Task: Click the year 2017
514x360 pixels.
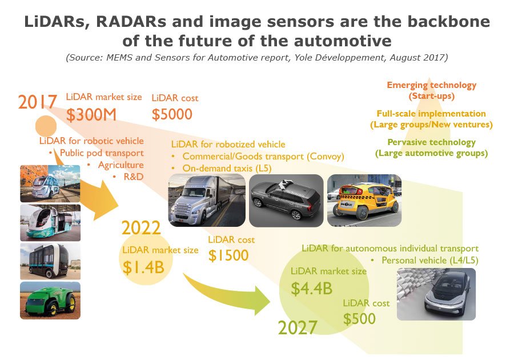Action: pos(38,102)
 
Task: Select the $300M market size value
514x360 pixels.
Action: pos(91,115)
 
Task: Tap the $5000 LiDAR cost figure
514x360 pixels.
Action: pos(172,114)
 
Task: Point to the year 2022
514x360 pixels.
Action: pos(141,227)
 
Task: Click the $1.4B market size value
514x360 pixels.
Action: pos(143,267)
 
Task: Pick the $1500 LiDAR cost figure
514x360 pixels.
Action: pos(228,255)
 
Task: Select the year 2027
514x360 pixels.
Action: pos(298,327)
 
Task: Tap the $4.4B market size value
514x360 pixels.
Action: pos(311,289)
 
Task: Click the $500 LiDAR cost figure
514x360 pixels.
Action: pos(359,319)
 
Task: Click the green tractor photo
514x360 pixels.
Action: pos(50,301)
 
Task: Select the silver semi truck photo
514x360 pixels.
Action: pos(207,201)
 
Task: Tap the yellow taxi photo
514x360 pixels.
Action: pos(364,201)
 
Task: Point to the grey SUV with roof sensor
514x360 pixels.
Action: pos(286,201)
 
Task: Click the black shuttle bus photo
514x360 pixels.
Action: pos(50,261)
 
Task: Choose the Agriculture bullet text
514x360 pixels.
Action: pos(121,165)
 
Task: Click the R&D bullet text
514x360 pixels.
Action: pos(134,177)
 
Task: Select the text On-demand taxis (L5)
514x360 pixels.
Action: pos(227,168)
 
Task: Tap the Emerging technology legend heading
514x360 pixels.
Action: pos(431,85)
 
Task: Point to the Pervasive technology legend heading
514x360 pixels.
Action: pos(431,142)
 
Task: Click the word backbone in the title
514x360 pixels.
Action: pos(449,22)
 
